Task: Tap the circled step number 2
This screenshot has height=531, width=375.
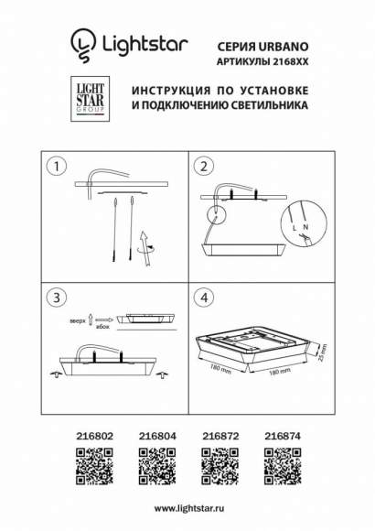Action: click(x=205, y=167)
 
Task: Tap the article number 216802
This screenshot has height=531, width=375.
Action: click(x=92, y=439)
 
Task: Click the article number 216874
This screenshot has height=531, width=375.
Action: click(x=281, y=439)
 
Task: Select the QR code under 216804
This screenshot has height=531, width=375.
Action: click(x=155, y=467)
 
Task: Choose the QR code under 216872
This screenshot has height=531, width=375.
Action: click(x=219, y=467)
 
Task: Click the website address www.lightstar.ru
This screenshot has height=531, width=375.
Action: click(x=187, y=507)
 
